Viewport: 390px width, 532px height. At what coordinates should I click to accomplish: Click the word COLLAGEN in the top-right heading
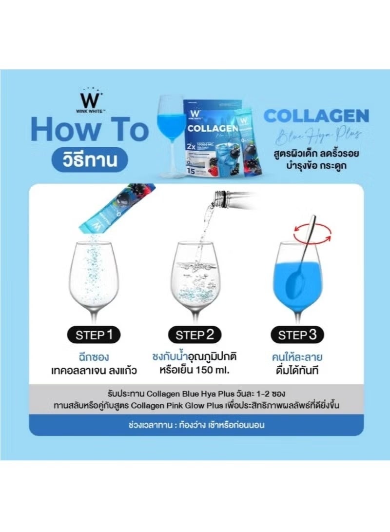point(316,116)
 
